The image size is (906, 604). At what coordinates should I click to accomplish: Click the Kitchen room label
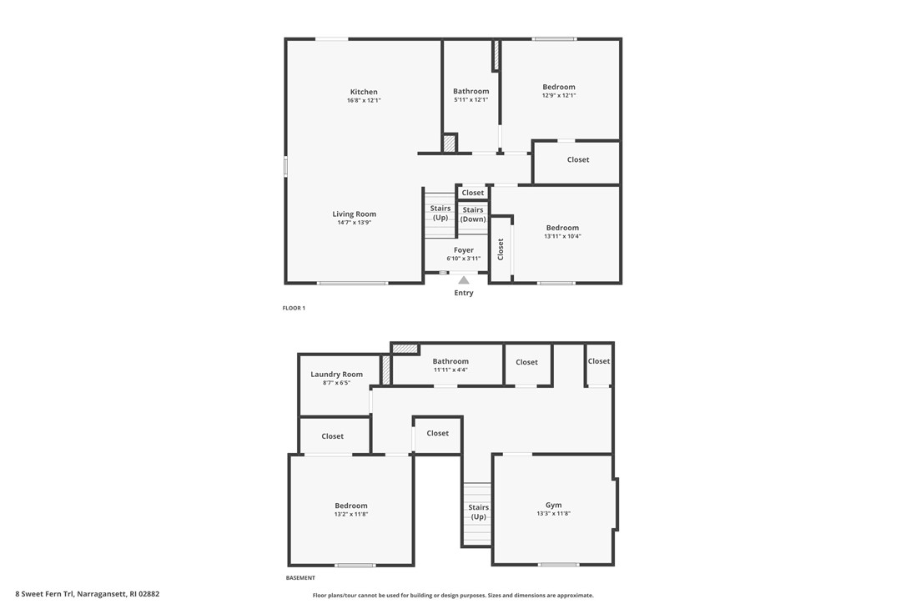364,92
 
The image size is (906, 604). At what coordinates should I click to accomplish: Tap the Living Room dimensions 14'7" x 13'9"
354,223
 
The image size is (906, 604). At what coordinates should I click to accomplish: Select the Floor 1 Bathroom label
471,91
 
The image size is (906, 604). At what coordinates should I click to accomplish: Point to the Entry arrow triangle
463,280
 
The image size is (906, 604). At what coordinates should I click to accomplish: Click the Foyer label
463,250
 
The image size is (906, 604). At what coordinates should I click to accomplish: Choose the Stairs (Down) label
473,214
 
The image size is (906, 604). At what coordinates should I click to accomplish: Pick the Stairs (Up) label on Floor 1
440,213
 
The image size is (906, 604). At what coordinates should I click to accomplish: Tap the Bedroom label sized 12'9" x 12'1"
558,87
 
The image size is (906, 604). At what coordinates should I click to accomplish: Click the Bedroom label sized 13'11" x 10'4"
562,228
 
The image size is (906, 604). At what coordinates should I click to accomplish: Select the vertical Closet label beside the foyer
501,249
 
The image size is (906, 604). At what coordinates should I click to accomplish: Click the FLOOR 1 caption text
294,309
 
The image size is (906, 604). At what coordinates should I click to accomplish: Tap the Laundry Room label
336,375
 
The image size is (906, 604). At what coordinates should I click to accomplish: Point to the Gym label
553,505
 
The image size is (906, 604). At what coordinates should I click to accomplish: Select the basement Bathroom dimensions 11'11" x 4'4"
450,370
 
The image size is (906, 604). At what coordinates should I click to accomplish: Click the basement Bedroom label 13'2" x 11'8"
351,506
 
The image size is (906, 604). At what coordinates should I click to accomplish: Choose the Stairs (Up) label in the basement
478,511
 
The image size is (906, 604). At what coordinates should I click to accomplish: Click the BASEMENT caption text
300,578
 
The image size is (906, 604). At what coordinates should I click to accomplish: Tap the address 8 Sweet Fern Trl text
87,594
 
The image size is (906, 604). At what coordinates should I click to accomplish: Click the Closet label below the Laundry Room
333,436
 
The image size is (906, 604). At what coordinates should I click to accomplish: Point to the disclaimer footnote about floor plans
453,596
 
